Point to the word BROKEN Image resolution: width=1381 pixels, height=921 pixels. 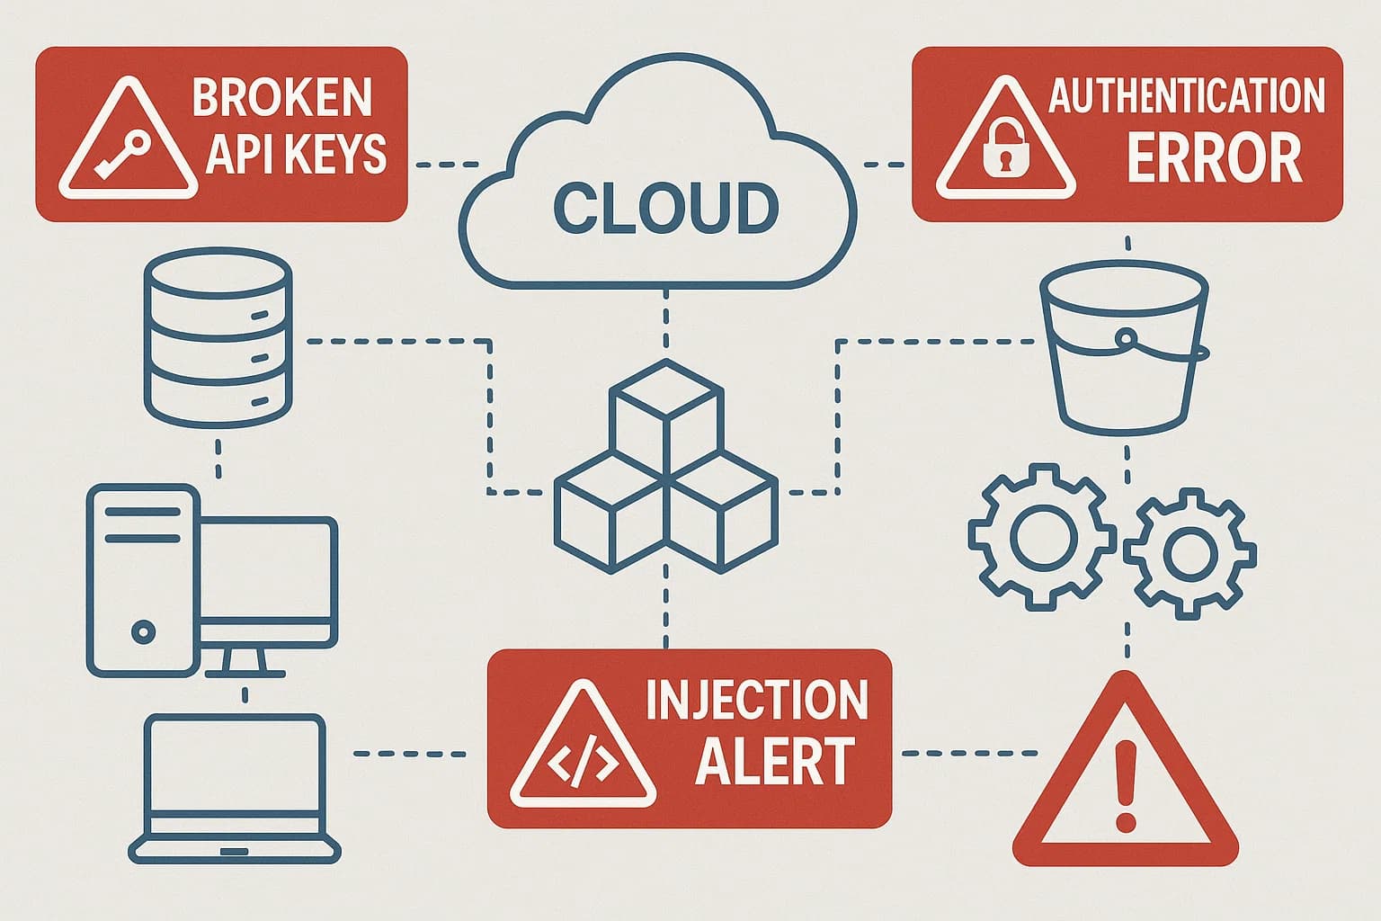coord(282,97)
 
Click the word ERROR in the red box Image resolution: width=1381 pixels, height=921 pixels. coord(1214,158)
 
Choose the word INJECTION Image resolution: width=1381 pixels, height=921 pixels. coord(757,700)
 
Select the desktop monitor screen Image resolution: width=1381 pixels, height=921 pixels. coord(270,581)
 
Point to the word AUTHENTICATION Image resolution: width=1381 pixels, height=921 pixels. coord(1187,96)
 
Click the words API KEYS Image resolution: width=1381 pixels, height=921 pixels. coord(296,155)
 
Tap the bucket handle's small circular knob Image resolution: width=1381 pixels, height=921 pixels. coord(1124,338)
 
